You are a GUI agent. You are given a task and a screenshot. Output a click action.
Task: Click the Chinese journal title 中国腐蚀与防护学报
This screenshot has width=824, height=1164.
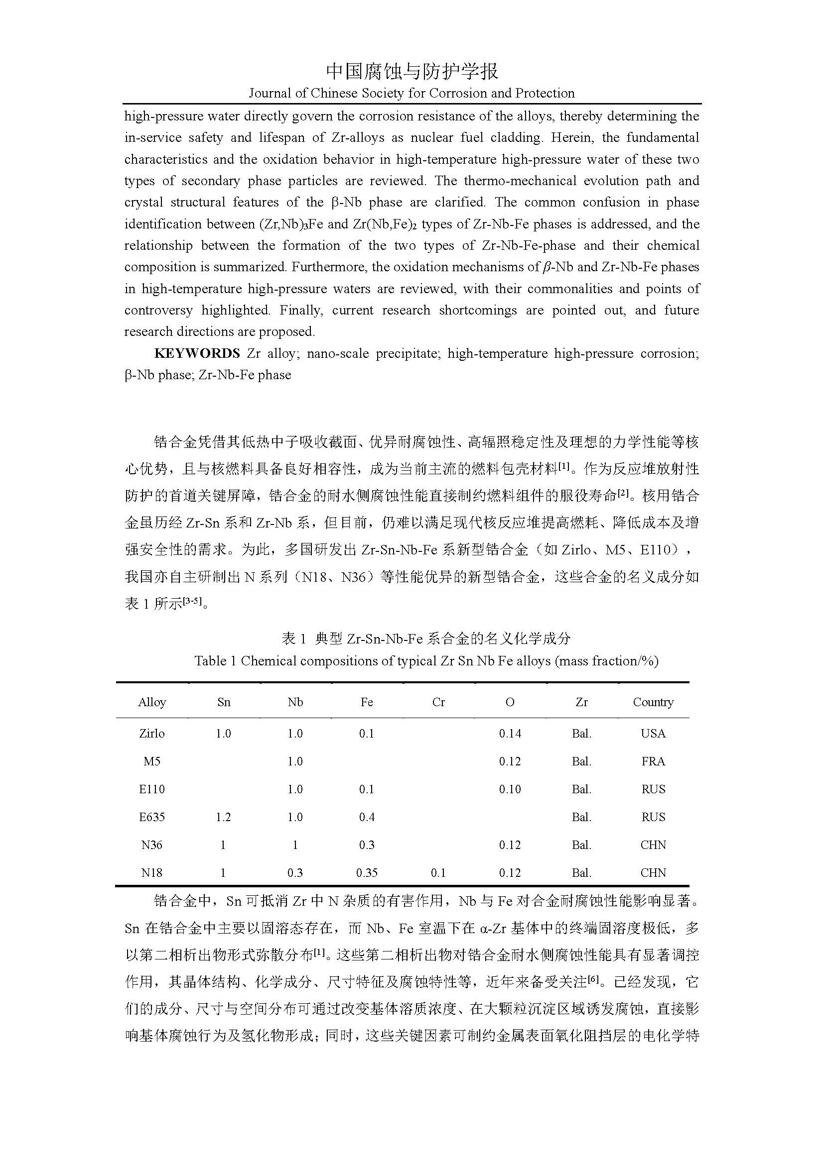tap(412, 72)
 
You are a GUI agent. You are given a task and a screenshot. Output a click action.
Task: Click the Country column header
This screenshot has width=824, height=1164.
tap(653, 702)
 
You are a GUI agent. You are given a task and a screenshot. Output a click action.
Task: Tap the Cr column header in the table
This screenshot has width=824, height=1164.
tap(438, 702)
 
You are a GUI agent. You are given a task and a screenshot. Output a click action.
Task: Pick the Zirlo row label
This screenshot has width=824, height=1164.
tap(152, 734)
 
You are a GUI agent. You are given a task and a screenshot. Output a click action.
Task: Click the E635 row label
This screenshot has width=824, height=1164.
tap(152, 817)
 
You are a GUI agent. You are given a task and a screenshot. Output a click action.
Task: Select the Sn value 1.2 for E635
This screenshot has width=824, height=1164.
tap(223, 817)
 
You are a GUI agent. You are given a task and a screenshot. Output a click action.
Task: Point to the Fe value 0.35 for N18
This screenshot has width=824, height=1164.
tap(366, 873)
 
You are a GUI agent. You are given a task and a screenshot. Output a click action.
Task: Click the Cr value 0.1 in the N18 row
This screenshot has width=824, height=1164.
tap(438, 873)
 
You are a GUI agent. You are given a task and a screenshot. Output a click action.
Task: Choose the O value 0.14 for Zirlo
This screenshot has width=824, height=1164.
tap(510, 734)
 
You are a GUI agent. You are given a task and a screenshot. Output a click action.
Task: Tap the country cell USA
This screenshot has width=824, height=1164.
tap(653, 734)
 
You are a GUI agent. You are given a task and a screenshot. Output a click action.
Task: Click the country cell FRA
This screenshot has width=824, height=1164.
tap(653, 761)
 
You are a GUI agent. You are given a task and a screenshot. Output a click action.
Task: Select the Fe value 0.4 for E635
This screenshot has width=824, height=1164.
tap(366, 817)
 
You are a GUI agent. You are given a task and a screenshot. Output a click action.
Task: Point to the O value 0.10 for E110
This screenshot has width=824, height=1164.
tap(510, 789)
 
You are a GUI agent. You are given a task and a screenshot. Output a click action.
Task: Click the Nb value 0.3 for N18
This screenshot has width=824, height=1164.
tap(295, 873)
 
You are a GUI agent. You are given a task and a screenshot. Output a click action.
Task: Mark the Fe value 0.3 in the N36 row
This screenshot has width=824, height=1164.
tap(366, 845)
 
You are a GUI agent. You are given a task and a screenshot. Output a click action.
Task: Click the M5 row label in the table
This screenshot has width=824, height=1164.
tap(152, 761)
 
